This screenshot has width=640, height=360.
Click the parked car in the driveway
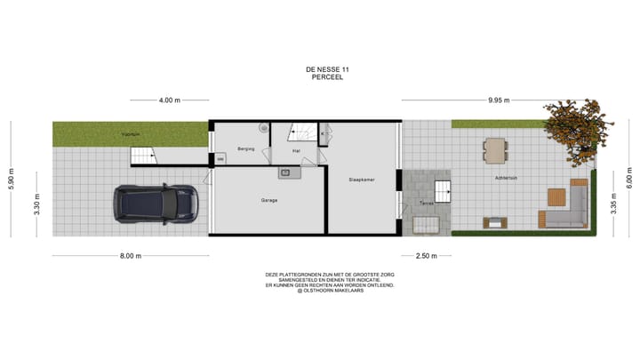(x=154, y=205)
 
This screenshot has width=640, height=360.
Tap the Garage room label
(x=269, y=200)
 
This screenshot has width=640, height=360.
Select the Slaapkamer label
(x=362, y=180)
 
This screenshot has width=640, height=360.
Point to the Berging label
(x=246, y=148)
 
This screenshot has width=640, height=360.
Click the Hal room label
(x=296, y=151)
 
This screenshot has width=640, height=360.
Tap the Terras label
(x=427, y=204)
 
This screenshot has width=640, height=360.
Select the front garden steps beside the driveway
(x=144, y=156)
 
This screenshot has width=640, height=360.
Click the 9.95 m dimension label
(x=500, y=100)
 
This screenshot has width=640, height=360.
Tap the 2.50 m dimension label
(x=427, y=256)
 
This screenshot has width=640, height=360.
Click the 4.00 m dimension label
(x=170, y=100)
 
